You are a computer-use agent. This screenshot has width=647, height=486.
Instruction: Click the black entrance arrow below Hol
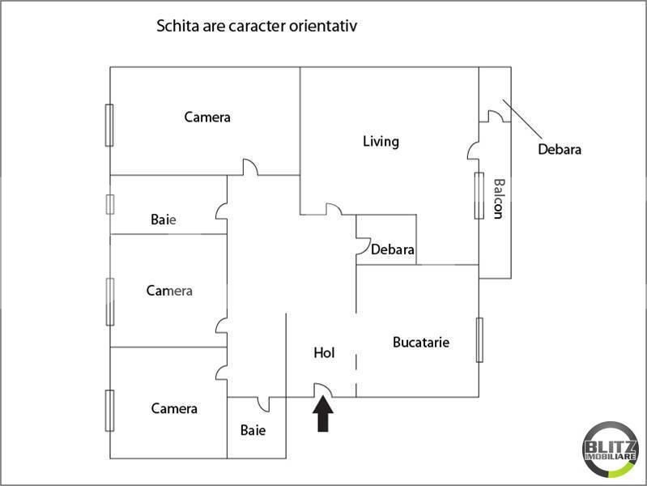tap(323, 416)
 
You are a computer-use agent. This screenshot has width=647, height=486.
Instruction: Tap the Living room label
tap(381, 142)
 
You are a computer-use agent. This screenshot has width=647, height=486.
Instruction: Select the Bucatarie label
tap(421, 342)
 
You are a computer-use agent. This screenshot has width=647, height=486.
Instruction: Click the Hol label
tap(324, 353)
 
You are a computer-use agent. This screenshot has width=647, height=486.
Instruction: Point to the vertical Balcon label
tap(499, 198)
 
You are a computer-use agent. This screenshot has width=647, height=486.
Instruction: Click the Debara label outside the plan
tap(560, 149)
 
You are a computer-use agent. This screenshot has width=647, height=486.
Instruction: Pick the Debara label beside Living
tap(393, 249)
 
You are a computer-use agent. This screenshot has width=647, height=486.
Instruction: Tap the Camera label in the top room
tap(207, 117)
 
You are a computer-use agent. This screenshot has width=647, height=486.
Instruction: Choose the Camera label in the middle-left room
tap(169, 291)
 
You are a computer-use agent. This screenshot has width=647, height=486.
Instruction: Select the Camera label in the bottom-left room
tap(174, 408)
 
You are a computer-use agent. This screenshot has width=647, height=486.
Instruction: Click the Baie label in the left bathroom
tap(164, 220)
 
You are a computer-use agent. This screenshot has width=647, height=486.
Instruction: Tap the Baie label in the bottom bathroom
tap(253, 430)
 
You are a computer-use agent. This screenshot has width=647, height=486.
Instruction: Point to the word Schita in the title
tap(175, 26)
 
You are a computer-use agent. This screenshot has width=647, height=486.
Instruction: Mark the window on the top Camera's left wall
tap(109, 126)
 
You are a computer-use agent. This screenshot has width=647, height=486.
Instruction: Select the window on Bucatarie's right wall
tap(479, 339)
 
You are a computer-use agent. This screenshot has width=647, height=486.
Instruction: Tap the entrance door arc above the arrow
tap(321, 390)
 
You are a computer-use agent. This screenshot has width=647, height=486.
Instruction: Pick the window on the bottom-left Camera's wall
tap(109, 411)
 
